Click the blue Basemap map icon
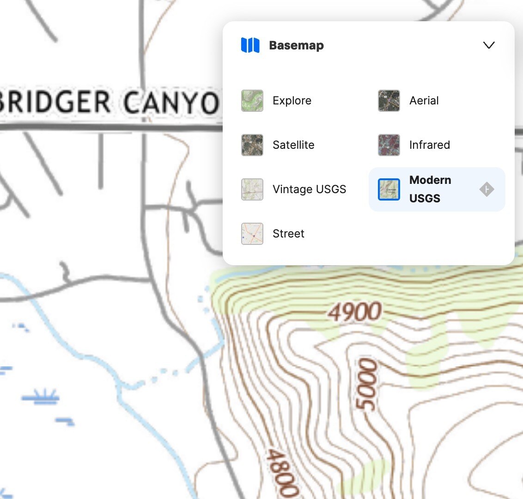point(250,45)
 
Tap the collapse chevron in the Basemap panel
point(488,45)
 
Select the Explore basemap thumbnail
point(252,101)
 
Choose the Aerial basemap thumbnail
point(389,101)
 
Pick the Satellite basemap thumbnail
point(252,145)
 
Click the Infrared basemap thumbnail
point(389,145)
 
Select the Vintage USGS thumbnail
point(252,189)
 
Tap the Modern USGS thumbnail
point(389,189)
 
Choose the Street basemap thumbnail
point(252,234)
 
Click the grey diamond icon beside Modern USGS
point(487,189)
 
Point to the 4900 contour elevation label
point(355,312)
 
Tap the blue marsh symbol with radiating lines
point(41,396)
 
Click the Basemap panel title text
point(296,45)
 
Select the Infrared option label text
point(429,145)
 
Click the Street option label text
point(288,234)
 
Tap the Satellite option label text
point(293,145)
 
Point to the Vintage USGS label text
point(309,189)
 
